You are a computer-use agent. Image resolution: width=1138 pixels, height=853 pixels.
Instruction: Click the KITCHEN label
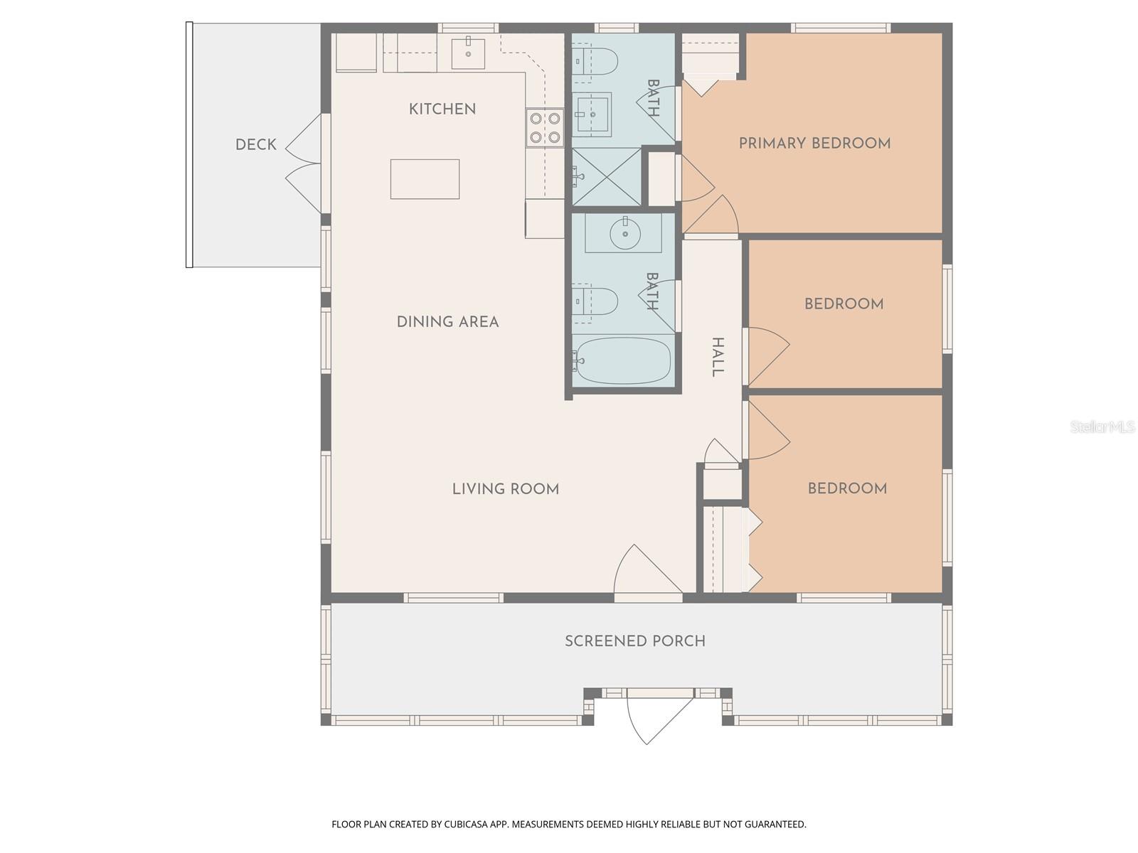pos(442,109)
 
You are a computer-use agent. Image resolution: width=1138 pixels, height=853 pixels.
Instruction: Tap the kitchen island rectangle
pos(425,179)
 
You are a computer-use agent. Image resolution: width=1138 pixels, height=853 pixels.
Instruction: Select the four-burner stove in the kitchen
pos(545,128)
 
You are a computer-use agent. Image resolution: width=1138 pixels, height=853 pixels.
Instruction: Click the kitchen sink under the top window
pos(468,53)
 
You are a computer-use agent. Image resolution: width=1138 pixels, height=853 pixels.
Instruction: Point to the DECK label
pos(255,145)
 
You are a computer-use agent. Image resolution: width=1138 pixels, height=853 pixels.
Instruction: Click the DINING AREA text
pos(447,322)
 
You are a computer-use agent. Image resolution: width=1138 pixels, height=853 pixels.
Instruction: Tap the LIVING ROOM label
pos(505,489)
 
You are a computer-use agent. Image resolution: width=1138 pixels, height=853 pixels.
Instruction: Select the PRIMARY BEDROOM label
pos(814,144)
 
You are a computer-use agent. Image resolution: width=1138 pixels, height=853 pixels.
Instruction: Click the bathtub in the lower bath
pos(623,360)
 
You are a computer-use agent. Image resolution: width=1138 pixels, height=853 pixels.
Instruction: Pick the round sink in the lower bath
pos(624,232)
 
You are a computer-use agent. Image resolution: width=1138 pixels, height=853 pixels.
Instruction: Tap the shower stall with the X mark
pos(606,176)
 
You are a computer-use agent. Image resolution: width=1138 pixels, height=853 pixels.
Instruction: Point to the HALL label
pos(718,358)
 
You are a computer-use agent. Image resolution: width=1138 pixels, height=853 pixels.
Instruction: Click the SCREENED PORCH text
pos(634,641)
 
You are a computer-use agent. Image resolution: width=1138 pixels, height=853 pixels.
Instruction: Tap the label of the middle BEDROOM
pos(844,304)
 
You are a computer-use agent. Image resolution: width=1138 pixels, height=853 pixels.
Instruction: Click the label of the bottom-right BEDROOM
pos(846,489)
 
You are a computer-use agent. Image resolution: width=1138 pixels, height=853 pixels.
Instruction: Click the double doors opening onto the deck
pos(306,163)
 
